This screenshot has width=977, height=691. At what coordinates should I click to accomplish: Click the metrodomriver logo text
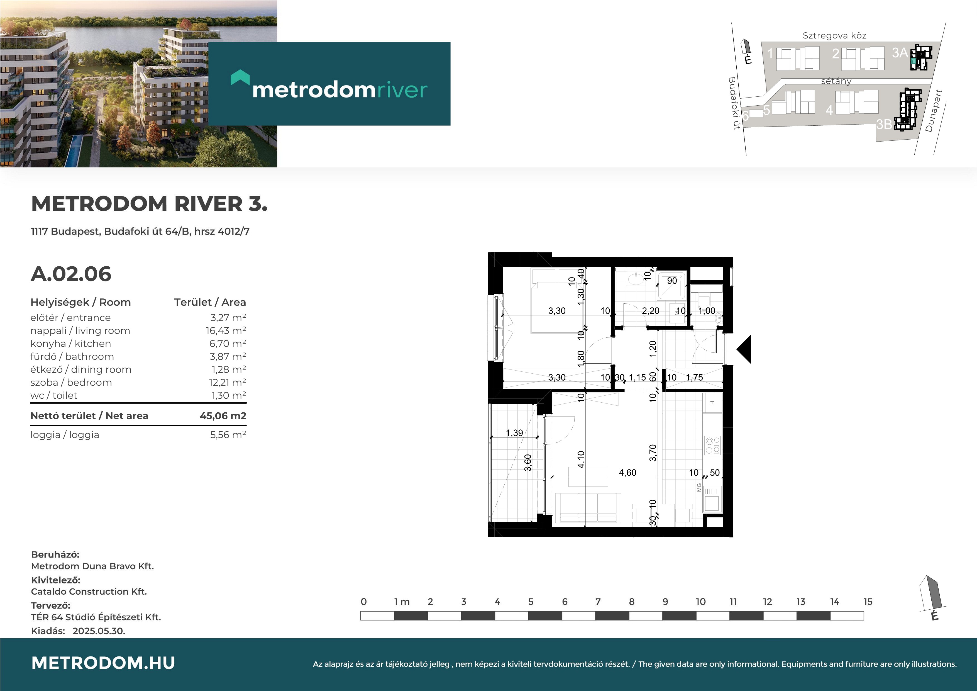339,90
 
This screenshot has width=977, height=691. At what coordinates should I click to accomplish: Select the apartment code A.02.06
71,274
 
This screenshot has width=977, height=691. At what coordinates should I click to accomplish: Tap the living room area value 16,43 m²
226,331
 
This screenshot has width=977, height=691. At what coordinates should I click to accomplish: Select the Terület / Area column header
210,302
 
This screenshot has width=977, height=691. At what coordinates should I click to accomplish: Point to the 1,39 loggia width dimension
514,433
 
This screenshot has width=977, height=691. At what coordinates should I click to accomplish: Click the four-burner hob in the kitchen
713,445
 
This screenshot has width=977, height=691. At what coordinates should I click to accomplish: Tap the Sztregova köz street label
834,36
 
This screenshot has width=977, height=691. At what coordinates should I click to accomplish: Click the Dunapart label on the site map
934,111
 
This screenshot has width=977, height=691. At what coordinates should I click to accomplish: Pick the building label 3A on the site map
900,53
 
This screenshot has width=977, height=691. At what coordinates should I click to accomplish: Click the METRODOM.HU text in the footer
103,663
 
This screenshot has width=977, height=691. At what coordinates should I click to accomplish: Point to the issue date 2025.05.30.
99,631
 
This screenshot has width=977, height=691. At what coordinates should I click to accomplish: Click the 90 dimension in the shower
672,281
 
